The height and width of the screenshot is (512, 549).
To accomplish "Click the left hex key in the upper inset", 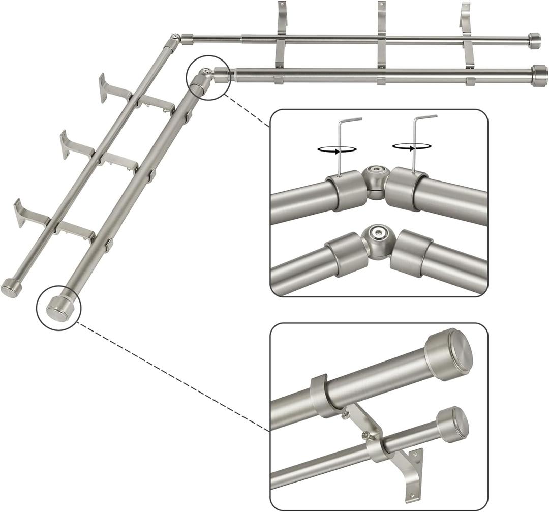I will point(340,147).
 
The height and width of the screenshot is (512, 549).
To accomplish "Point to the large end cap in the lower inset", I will point(449,354).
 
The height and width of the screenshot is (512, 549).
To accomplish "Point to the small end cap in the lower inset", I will point(453,424).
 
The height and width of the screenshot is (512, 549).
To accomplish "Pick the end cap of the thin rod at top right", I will point(534,41).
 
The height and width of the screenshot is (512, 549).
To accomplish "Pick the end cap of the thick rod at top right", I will point(539,76).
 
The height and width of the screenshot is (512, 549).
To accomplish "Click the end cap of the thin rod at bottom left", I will point(11,287).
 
